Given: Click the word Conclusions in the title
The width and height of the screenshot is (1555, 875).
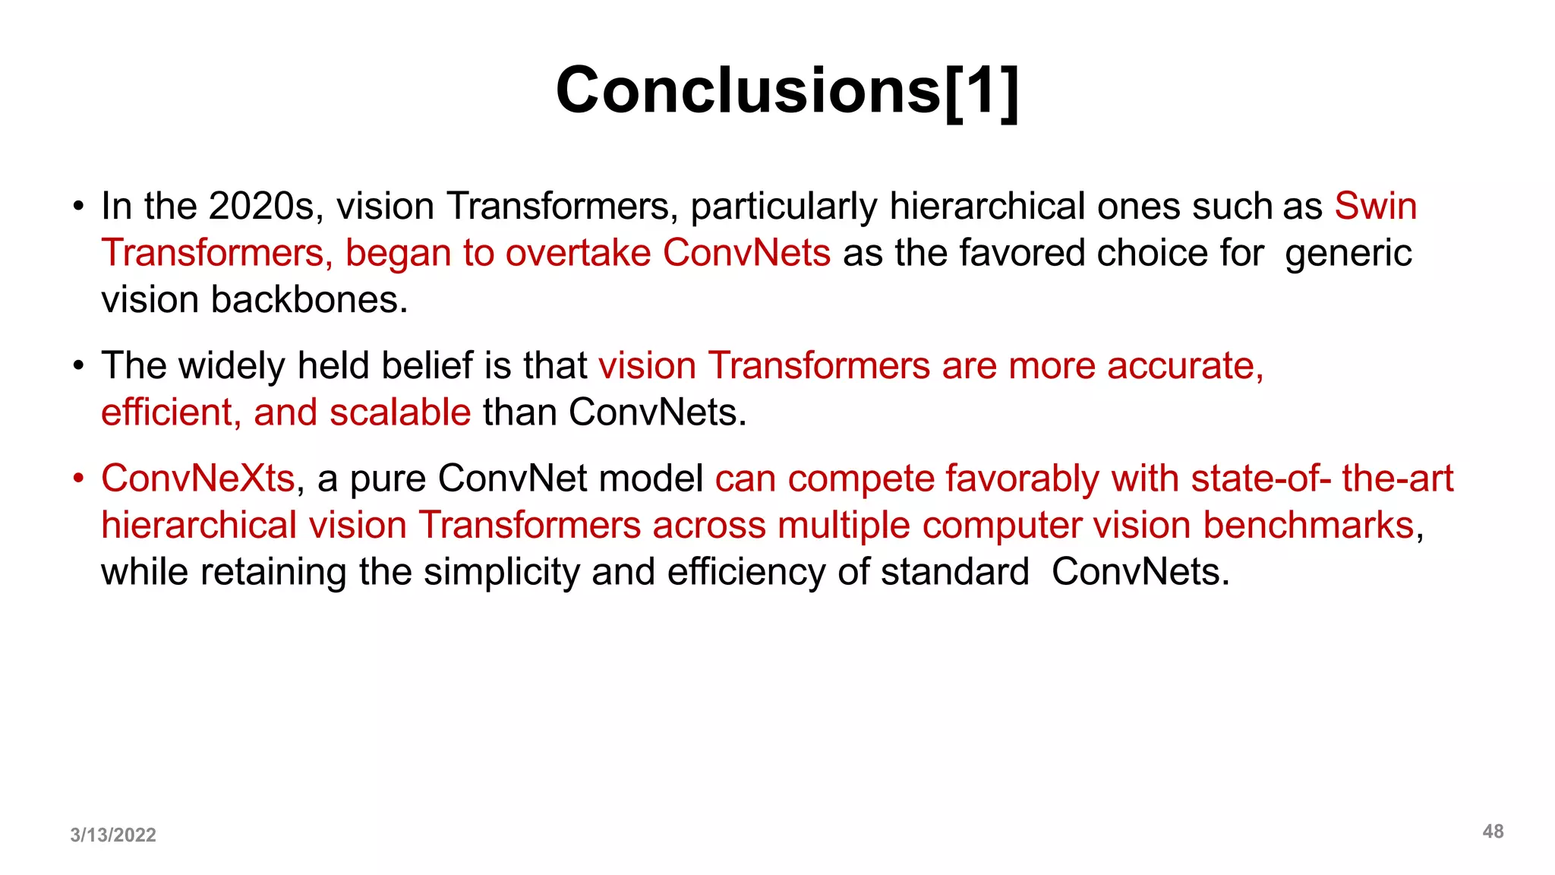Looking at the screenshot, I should pyautogui.click(x=748, y=90).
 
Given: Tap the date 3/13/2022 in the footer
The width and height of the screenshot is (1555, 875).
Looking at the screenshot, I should pyautogui.click(x=113, y=835).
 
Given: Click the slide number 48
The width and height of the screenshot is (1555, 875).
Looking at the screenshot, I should pyautogui.click(x=1493, y=831).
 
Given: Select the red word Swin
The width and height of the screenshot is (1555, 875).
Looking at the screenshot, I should pyautogui.click(x=1375, y=207).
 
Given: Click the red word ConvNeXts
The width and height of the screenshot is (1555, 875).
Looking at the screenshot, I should pyautogui.click(x=197, y=479).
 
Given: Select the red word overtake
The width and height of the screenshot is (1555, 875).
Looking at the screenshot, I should pyautogui.click(x=578, y=253).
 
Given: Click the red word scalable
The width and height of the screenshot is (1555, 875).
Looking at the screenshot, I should pyautogui.click(x=400, y=412).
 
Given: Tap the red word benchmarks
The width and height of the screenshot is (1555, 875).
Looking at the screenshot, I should pyautogui.click(x=1308, y=526).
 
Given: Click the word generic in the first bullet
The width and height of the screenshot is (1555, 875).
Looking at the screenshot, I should pyautogui.click(x=1348, y=254).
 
